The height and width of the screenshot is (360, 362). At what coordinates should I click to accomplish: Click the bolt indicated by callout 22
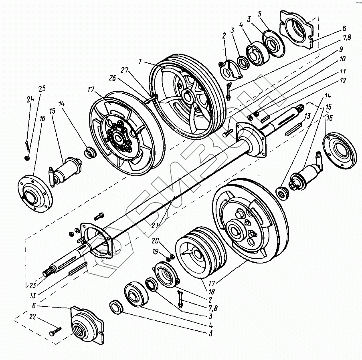tap(56, 332)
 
